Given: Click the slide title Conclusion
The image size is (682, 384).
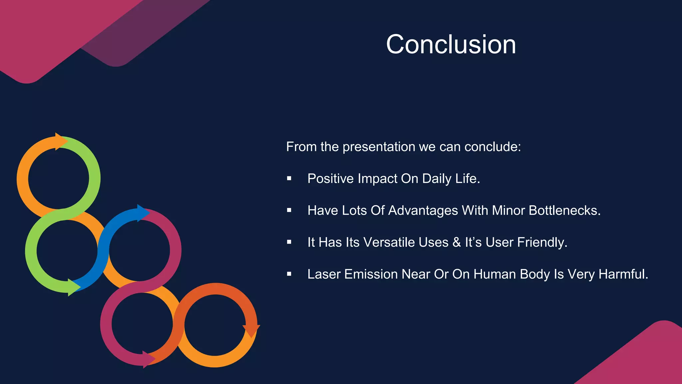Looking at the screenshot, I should click(451, 44).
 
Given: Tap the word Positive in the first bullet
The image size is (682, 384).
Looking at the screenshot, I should click(330, 179).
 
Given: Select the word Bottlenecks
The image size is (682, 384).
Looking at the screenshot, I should click(564, 211).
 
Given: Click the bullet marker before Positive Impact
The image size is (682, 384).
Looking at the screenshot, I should click(289, 179).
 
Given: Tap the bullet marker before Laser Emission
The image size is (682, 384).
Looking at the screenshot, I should click(289, 274).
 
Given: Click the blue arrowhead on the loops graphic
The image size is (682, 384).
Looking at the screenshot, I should click(143, 213).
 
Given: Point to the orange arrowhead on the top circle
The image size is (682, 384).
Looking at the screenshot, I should click(61, 142).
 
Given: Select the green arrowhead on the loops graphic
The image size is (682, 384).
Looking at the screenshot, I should click(74, 287).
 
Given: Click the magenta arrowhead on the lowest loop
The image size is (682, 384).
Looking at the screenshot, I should click(148, 359).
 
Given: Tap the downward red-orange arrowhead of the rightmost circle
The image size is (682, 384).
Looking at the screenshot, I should click(251, 330).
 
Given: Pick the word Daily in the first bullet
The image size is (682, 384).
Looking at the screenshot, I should click(437, 179).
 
